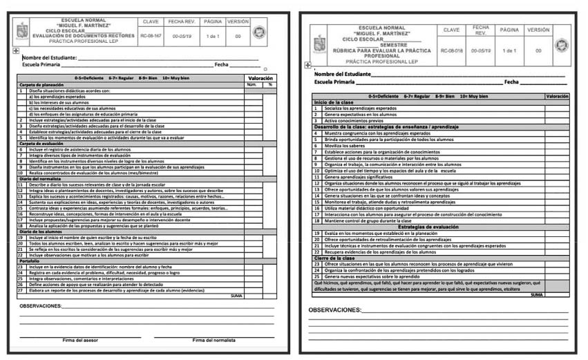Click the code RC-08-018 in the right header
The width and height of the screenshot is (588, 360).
point(451,51)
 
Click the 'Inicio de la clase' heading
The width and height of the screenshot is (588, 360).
point(336,102)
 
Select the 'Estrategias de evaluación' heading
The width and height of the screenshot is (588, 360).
point(429,227)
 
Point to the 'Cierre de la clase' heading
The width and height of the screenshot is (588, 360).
point(337,258)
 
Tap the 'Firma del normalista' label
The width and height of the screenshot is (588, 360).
point(214,340)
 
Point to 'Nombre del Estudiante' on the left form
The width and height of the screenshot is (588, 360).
point(50,57)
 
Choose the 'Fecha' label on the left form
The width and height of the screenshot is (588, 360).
point(221,64)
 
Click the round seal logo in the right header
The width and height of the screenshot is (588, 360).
point(561,46)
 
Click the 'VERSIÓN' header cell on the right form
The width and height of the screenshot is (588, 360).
point(538,30)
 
